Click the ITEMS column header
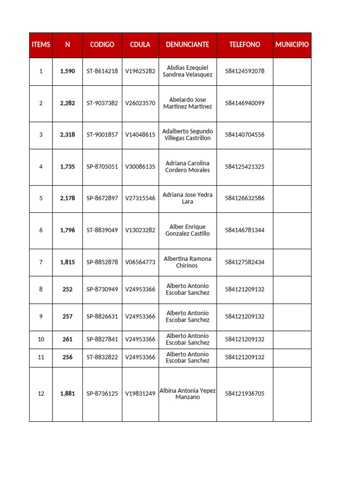[x=41, y=45]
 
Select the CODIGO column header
[x=102, y=45]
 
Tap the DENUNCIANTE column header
[x=187, y=45]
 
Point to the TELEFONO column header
[x=245, y=45]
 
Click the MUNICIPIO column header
[x=292, y=45]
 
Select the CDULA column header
[x=140, y=45]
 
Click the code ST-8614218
[x=102, y=71]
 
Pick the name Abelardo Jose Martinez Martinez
[x=187, y=103]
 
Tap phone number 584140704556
[x=245, y=135]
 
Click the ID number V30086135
[x=140, y=167]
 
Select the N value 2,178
[x=67, y=198]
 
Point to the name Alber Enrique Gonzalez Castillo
[x=187, y=230]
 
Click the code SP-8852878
[x=102, y=262]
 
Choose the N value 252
[x=67, y=290]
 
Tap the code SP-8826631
[x=102, y=317]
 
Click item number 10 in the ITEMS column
[x=41, y=339]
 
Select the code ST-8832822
[x=102, y=358]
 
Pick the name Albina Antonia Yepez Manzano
[x=187, y=394]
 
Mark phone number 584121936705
[x=245, y=394]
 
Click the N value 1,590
[x=67, y=71]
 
